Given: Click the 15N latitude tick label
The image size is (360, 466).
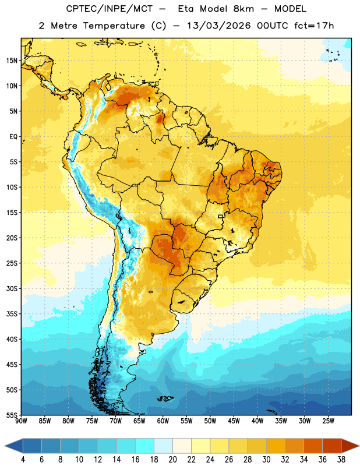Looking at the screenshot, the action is click(x=12, y=61).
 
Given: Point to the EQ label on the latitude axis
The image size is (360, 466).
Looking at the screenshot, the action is click(x=13, y=137).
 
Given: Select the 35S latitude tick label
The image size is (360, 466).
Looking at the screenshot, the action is click(x=12, y=314).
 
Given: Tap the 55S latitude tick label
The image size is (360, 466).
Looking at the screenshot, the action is click(x=12, y=415).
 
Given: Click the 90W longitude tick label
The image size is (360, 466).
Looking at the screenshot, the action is click(x=22, y=421).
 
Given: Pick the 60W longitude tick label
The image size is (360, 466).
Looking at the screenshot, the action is click(x=163, y=421).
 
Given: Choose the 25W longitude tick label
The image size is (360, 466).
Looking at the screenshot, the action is click(x=328, y=421).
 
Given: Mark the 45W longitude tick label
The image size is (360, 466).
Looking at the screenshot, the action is click(x=234, y=421).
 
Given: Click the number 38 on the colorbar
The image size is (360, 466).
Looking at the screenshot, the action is click(x=341, y=460).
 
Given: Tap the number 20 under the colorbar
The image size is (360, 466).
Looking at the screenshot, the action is click(x=172, y=460).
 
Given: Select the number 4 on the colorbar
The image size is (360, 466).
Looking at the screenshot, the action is click(x=23, y=460).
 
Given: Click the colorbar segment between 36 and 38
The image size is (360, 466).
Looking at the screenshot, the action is click(x=332, y=446).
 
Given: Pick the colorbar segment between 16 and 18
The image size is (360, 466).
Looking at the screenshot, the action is click(x=145, y=446).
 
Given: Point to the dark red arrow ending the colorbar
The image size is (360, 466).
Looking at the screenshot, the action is click(x=350, y=446).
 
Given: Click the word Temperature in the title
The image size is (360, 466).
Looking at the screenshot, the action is click(x=114, y=26).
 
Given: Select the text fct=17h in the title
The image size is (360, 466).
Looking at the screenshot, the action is click(x=314, y=26).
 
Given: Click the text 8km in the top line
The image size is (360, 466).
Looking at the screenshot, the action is click(x=243, y=9).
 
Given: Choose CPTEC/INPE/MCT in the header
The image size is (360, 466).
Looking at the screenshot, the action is click(x=110, y=9).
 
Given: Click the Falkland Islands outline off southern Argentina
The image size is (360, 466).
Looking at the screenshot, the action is click(x=165, y=398).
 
